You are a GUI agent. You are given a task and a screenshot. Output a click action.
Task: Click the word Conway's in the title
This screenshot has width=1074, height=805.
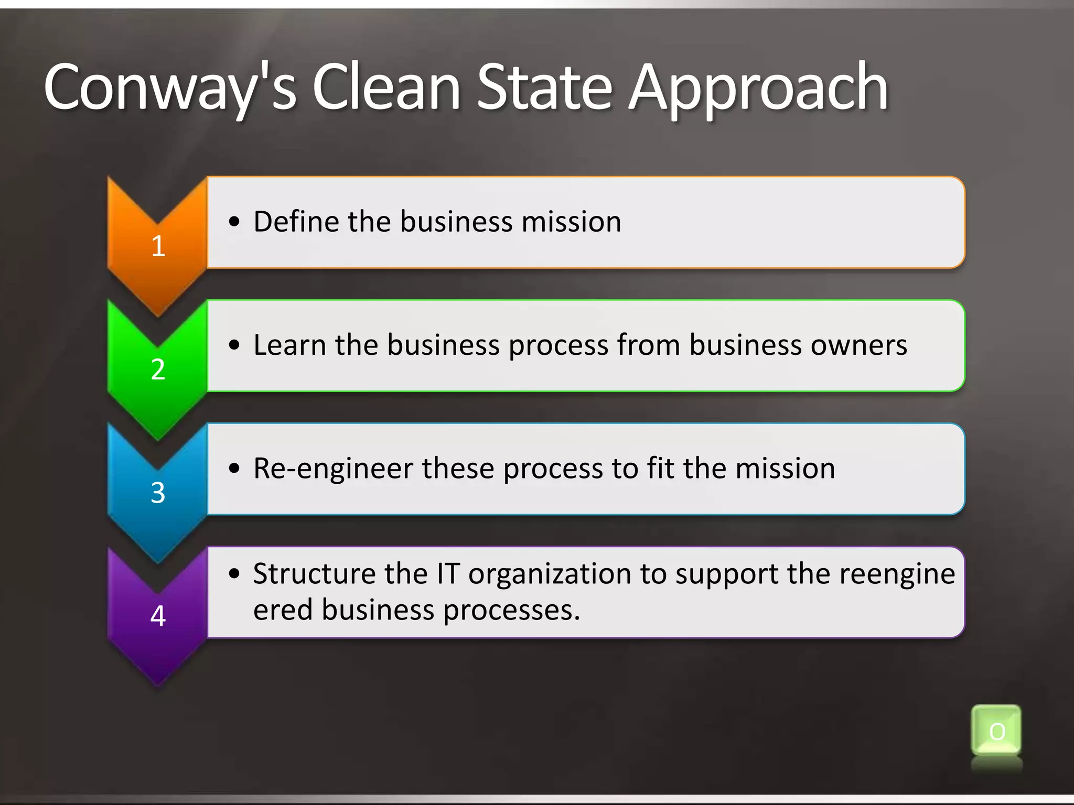click(170, 88)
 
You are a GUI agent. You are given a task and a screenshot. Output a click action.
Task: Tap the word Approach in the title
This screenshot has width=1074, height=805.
click(758, 88)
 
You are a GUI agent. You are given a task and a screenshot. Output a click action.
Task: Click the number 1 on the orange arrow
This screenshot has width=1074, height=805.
click(158, 246)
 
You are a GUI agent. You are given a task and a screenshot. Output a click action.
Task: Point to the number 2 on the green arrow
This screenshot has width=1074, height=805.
click(158, 369)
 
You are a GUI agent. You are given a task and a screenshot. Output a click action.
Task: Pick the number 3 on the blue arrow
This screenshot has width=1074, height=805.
click(158, 493)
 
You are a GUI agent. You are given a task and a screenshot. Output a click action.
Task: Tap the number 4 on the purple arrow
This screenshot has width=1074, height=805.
click(158, 616)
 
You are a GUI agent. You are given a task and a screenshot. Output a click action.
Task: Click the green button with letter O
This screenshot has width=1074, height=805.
click(996, 732)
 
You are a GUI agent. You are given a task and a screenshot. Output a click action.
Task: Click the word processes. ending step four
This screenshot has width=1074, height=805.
click(512, 610)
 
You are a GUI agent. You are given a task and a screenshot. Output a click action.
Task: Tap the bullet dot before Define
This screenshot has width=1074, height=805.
click(234, 222)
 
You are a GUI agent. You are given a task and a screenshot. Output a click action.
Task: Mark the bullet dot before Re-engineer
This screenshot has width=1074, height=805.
click(234, 468)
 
